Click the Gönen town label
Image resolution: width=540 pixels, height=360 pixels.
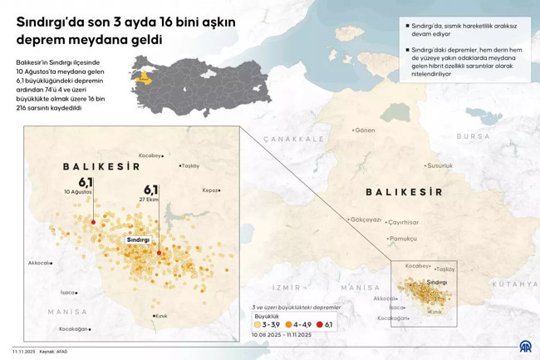pyautogui.click(x=364, y=130)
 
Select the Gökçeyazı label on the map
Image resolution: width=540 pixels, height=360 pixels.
pyautogui.click(x=365, y=219)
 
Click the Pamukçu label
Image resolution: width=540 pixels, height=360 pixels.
pyautogui.click(x=403, y=239)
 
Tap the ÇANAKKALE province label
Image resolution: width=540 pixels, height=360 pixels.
pyautogui.click(x=293, y=139)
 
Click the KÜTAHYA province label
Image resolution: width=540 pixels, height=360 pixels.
pyautogui.click(x=515, y=284)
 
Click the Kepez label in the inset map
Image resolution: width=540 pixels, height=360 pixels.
pyautogui.click(x=211, y=190)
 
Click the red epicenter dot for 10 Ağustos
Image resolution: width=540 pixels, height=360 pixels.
pyautogui.click(x=93, y=222)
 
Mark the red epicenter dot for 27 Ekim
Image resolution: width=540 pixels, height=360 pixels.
pyautogui.click(x=159, y=253)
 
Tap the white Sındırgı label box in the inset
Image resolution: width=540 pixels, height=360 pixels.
pyautogui.click(x=138, y=239)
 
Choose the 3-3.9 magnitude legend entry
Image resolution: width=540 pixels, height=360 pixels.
pyautogui.click(x=268, y=324)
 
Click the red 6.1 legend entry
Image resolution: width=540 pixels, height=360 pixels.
pyautogui.click(x=326, y=324)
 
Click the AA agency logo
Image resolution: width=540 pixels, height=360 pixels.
pyautogui.click(x=525, y=347)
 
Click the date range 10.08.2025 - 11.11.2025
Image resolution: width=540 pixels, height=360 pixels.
pyautogui.click(x=281, y=334)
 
